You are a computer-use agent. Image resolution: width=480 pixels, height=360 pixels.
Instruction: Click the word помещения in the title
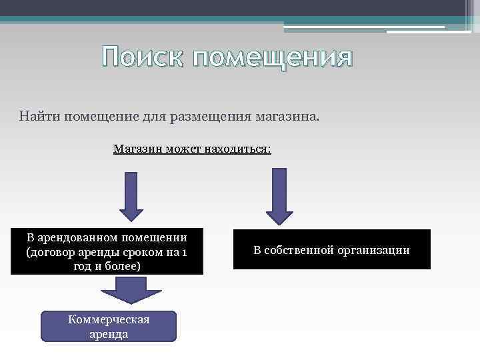[272, 59]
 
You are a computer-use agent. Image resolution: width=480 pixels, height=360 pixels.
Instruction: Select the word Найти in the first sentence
[39, 117]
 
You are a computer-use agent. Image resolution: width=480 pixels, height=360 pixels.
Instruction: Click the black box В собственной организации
[332, 250]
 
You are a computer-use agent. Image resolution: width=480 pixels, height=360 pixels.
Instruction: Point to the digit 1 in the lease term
[185, 252]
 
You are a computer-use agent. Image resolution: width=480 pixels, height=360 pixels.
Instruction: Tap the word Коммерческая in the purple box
[109, 319]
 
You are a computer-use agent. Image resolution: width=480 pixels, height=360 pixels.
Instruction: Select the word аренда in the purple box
[109, 333]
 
